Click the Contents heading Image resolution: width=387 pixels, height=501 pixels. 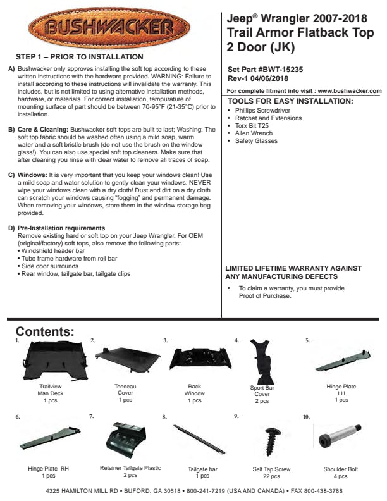pyautogui.click(x=45, y=331)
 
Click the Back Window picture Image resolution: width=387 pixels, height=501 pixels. pyautogui.click(x=195, y=359)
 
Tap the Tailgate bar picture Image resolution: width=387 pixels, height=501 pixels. pyautogui.click(x=199, y=439)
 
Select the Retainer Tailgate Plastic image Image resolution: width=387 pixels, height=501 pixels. pyautogui.click(x=130, y=440)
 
